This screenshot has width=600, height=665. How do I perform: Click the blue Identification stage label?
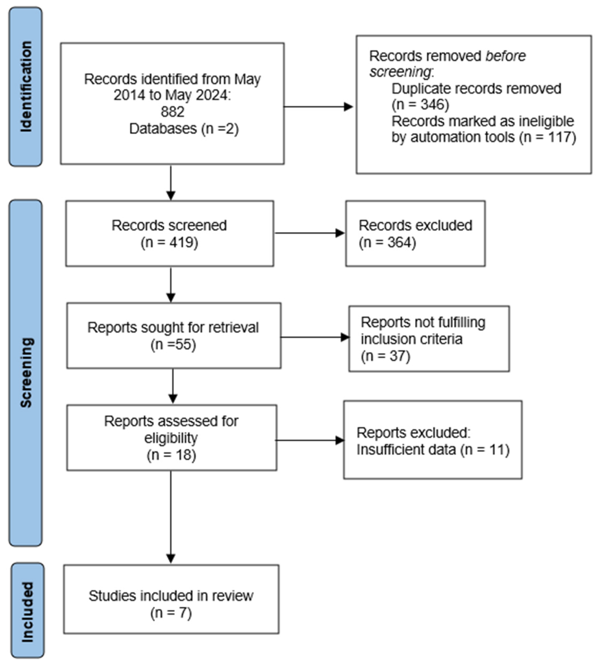click(26, 87)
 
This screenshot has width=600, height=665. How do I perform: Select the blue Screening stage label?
click(26, 373)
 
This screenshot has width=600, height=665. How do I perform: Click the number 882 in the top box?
click(173, 112)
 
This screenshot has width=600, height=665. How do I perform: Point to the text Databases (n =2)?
click(184, 128)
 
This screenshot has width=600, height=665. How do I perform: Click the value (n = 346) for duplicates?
click(420, 104)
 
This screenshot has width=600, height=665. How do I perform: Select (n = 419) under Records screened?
click(169, 243)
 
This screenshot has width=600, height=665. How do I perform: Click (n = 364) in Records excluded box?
click(387, 243)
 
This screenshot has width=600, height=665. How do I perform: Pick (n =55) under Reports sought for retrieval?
click(173, 345)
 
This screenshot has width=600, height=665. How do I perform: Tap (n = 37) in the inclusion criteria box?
click(385, 356)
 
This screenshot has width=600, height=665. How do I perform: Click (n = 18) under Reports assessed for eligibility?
click(171, 455)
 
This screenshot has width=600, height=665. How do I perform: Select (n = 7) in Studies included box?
click(171, 613)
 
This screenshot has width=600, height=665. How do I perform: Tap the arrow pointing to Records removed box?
click(318, 107)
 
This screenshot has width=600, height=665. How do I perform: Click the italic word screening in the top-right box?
click(400, 72)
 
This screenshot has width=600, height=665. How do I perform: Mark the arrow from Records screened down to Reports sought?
click(171, 285)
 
